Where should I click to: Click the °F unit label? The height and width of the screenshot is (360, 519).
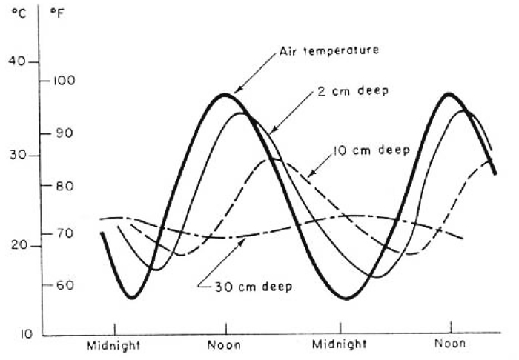pos(56,13)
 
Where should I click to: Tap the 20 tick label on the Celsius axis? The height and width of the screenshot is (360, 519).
pos(19,247)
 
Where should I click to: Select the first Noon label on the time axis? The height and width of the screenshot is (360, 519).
pos(225,344)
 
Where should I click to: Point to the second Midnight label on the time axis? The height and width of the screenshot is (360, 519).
pos(340,344)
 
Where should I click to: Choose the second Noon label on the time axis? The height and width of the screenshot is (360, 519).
pos(451,344)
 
